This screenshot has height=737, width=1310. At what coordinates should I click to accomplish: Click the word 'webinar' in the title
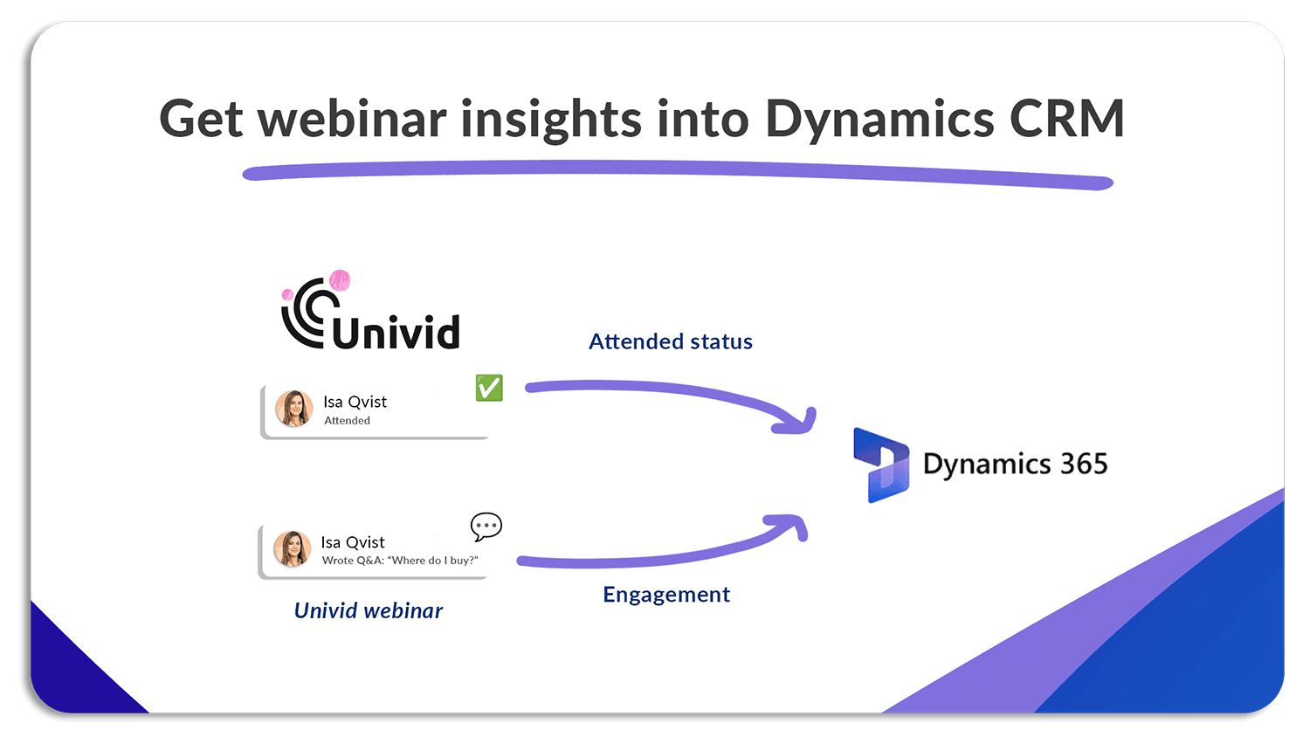click(x=352, y=119)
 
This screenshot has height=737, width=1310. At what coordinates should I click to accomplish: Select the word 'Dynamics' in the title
click(x=879, y=121)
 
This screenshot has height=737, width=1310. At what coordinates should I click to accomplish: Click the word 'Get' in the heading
click(x=200, y=119)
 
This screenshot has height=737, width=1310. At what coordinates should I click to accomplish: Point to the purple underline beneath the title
click(x=677, y=171)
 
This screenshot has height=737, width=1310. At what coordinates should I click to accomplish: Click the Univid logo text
click(x=396, y=333)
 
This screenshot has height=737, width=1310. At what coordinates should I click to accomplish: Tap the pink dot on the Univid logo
click(x=340, y=280)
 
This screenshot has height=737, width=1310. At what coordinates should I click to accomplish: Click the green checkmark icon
click(x=489, y=388)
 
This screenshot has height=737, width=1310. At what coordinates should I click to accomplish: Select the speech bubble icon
click(x=486, y=527)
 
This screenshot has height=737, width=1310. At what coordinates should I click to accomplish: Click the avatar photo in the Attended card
click(x=294, y=409)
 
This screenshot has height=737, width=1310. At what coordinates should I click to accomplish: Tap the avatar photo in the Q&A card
click(x=292, y=549)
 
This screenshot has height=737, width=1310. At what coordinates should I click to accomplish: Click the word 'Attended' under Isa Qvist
click(x=347, y=421)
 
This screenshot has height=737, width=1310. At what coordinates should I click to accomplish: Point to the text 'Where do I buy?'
click(x=434, y=561)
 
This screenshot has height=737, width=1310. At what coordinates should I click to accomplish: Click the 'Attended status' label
click(x=670, y=341)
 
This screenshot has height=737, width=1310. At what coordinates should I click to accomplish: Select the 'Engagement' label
click(x=666, y=595)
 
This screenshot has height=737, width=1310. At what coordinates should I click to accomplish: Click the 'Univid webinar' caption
click(x=368, y=610)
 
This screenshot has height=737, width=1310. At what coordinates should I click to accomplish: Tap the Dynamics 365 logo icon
click(x=880, y=465)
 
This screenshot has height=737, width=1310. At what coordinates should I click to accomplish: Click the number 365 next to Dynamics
click(x=1083, y=464)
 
